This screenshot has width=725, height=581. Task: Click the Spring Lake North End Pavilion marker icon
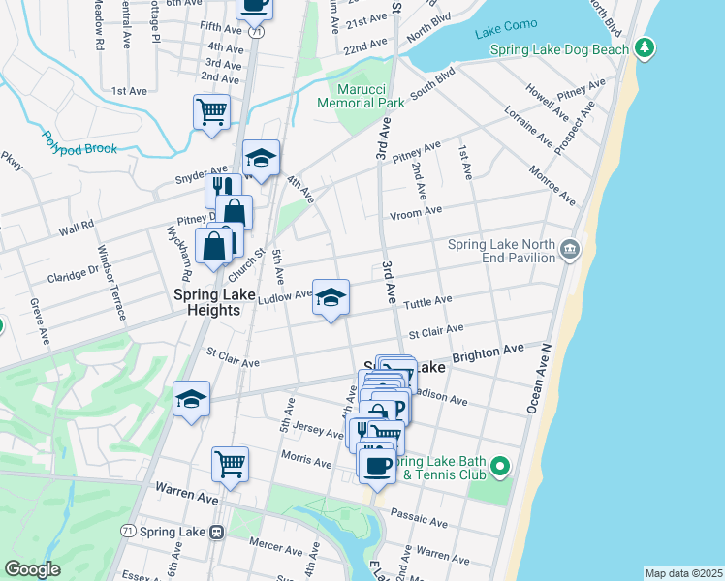point(570,252)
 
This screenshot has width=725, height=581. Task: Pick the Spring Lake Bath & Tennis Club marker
point(500,467)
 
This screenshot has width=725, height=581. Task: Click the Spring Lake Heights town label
point(206,302)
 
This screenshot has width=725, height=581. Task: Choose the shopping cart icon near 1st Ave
point(211,110)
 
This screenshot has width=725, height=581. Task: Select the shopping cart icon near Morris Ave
point(230,463)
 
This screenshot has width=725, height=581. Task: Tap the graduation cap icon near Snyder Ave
point(261,158)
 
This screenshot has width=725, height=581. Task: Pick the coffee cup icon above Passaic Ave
point(376,466)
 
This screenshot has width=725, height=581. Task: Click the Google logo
point(32,569)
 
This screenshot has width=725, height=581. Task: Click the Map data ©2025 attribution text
point(682,573)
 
